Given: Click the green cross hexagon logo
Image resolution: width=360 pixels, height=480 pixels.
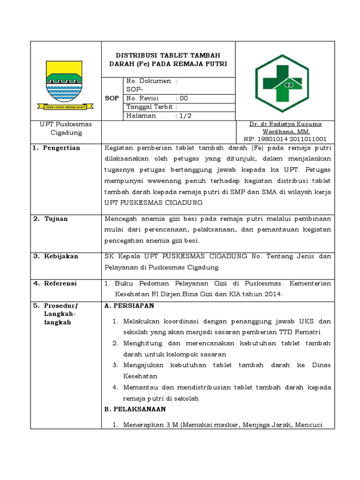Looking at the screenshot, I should [282, 83].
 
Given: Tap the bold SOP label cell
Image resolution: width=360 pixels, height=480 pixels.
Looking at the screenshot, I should [112, 98].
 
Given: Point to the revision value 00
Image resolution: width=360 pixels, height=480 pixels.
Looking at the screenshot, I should [184, 98].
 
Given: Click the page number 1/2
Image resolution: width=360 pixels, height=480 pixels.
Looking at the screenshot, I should [184, 116].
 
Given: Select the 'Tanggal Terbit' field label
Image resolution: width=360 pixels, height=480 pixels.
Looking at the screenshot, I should [146, 107].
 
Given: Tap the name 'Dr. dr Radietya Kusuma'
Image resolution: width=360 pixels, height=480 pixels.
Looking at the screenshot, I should [285, 124].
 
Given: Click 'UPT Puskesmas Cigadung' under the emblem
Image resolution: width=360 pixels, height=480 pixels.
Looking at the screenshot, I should [66, 128].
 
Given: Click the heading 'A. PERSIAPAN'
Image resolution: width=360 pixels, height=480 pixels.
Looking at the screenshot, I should [129, 306].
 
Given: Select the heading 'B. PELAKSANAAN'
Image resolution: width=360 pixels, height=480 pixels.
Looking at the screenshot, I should [135, 409].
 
